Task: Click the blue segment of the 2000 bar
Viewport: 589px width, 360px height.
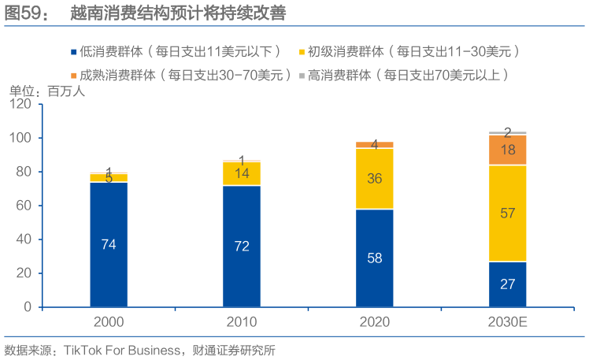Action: [x=109, y=244]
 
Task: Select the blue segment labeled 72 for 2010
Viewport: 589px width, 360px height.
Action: [x=242, y=246]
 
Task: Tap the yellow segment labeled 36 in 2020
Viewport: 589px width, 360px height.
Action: [x=375, y=179]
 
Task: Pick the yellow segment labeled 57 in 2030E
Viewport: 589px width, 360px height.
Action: [x=508, y=213]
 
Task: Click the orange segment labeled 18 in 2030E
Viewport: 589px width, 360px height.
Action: [x=508, y=150]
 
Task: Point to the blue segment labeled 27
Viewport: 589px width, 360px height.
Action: [x=508, y=284]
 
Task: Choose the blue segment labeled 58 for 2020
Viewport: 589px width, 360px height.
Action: [x=375, y=258]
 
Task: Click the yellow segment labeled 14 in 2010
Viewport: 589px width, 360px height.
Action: [x=242, y=173]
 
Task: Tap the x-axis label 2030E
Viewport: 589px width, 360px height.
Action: [x=508, y=323]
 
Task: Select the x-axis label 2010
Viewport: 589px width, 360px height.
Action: [x=242, y=323]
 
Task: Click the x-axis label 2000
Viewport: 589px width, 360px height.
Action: [x=109, y=323]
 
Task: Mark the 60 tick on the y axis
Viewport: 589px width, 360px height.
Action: [x=23, y=206]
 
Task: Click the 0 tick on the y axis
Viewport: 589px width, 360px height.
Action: [x=26, y=306]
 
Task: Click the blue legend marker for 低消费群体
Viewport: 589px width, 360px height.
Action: [x=72, y=52]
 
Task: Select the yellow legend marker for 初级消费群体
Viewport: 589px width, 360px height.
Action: [x=302, y=52]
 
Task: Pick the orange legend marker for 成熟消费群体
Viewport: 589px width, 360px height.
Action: [x=72, y=76]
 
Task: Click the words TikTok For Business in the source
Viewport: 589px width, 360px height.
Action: [x=120, y=349]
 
